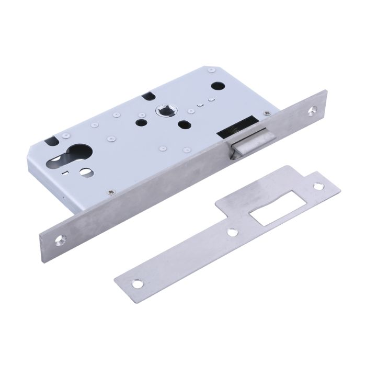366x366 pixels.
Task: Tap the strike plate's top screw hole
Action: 317,186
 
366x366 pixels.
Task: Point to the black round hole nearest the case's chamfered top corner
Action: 215,85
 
